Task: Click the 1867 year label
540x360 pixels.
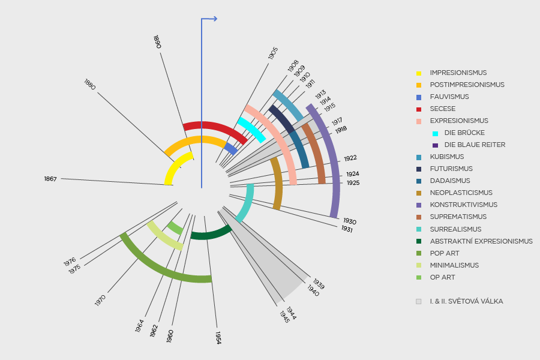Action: [x=50, y=179]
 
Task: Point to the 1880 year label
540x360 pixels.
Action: [x=90, y=85]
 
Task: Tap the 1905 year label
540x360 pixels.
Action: [x=273, y=53]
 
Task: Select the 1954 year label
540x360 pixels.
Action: [x=218, y=337]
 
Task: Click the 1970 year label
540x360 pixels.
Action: [x=100, y=301]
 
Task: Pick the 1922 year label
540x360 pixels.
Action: [x=350, y=158]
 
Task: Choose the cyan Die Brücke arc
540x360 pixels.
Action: [x=252, y=130]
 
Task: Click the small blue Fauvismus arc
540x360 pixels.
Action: [x=230, y=149]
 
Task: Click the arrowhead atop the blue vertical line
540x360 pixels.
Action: [x=214, y=19]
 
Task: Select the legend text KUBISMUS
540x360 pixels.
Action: [x=446, y=157]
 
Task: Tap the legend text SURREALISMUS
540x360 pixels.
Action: [x=455, y=229]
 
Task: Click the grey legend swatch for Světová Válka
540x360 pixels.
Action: [x=418, y=301]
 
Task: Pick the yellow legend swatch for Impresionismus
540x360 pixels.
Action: [x=418, y=73]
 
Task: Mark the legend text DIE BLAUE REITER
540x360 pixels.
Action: [x=475, y=145]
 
